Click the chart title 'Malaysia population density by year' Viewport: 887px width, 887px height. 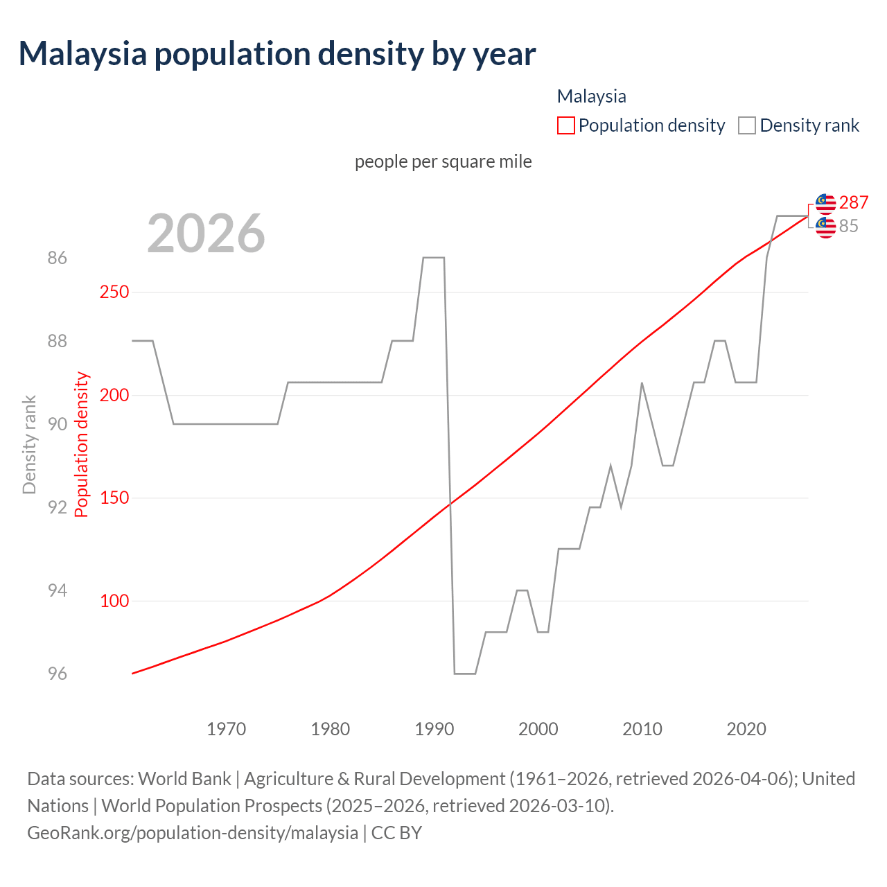click(x=277, y=54)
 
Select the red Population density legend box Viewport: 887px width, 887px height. click(x=565, y=125)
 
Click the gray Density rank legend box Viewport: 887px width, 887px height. click(x=746, y=125)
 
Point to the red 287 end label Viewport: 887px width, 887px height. click(x=854, y=202)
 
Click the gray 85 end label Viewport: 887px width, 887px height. click(x=849, y=227)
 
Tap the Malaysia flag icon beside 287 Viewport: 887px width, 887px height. click(x=825, y=203)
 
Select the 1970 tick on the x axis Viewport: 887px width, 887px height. click(x=227, y=729)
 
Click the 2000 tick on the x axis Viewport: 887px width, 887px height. click(x=538, y=729)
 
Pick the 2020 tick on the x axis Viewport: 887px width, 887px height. click(x=746, y=729)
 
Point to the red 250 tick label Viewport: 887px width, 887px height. click(x=114, y=292)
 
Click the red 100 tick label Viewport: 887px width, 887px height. click(x=114, y=601)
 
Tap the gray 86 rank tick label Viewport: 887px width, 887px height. click(x=58, y=258)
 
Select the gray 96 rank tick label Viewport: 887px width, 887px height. click(x=58, y=674)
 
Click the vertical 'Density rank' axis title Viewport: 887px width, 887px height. click(x=29, y=444)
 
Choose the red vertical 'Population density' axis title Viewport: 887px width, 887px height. click(x=82, y=444)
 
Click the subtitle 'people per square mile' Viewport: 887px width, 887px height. click(x=443, y=161)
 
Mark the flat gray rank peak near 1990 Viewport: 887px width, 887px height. click(x=433, y=258)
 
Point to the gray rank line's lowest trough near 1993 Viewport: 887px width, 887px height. click(x=465, y=673)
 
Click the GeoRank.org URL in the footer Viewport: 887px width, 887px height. click(x=193, y=832)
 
